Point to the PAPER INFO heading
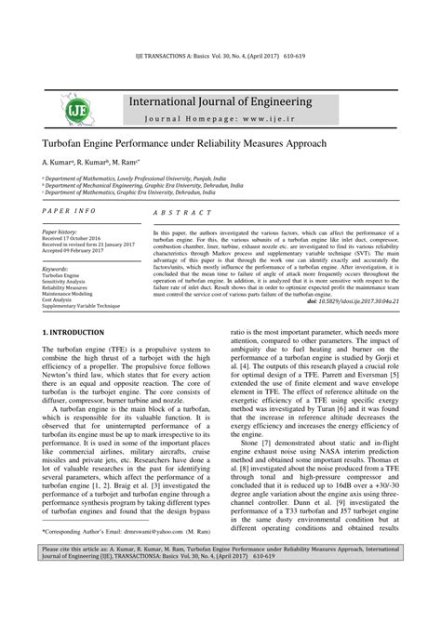click(x=70, y=213)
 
